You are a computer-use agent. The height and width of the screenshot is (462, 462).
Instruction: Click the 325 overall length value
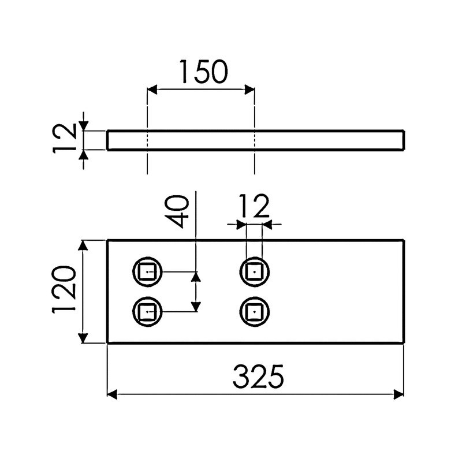[258, 378]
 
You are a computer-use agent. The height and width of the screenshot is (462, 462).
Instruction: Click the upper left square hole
[147, 271]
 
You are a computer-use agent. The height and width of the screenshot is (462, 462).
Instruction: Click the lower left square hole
[147, 312]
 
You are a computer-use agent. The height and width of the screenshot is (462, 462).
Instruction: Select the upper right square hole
[255, 271]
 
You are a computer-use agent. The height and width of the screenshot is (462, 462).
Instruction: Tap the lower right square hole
[255, 312]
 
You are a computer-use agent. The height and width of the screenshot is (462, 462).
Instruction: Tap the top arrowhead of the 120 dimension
[84, 246]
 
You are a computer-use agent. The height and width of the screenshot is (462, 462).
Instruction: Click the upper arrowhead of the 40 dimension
[196, 277]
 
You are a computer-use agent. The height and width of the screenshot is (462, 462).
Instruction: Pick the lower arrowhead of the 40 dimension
[196, 306]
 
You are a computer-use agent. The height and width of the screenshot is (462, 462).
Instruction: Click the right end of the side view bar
[403, 140]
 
